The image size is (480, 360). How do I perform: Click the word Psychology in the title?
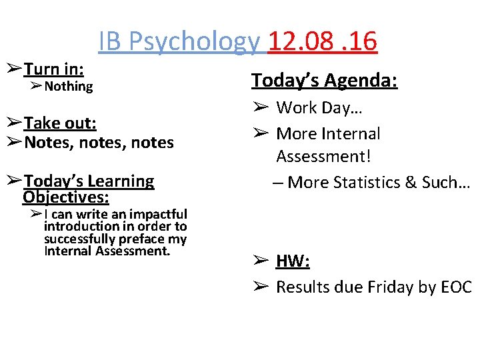point(194,41)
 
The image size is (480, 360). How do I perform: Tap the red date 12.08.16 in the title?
point(322,41)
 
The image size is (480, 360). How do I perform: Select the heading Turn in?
point(54,69)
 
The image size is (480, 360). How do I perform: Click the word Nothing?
point(69,86)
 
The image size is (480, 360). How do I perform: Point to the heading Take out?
point(61,123)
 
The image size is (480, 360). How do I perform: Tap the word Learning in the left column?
point(120,181)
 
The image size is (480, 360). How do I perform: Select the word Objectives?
point(66,197)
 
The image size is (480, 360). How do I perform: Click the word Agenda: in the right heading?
point(364,81)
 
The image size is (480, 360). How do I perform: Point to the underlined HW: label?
point(293,261)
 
